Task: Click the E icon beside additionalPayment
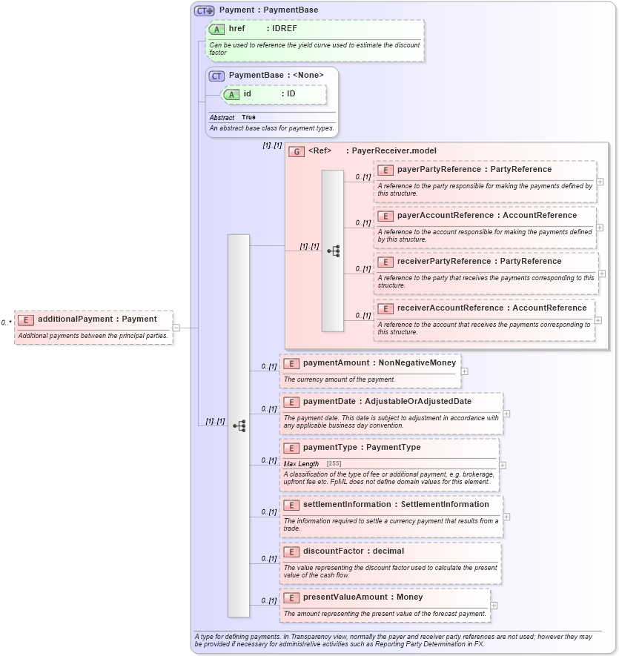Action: [26, 319]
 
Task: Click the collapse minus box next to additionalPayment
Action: [176, 327]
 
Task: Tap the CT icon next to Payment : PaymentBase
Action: [205, 10]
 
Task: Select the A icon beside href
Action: [217, 29]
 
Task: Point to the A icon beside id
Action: [231, 94]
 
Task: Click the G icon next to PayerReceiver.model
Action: [297, 151]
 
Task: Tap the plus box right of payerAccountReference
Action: [600, 227]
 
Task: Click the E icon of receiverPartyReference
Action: [385, 262]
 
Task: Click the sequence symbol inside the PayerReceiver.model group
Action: [333, 251]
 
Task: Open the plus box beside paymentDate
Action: [507, 414]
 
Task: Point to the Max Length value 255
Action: [334, 464]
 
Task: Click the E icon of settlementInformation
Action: [291, 505]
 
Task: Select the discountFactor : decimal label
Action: [342, 551]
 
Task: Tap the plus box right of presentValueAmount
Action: [494, 605]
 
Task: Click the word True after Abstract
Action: [248, 118]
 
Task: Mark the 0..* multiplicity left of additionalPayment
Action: [7, 322]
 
